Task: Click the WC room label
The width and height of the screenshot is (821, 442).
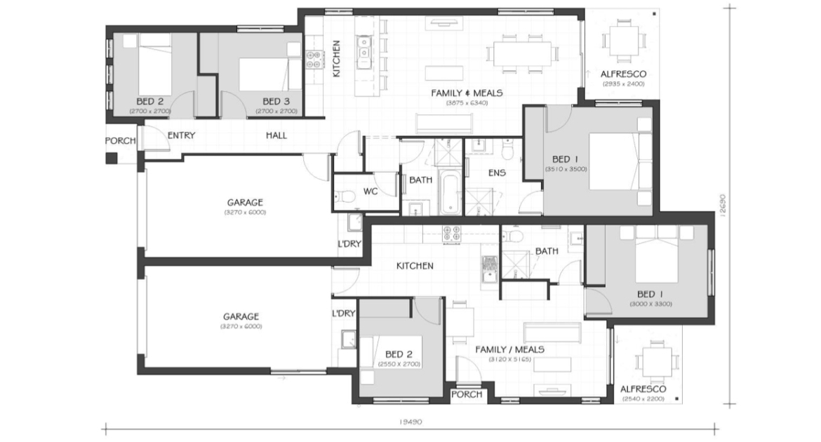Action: click(371, 191)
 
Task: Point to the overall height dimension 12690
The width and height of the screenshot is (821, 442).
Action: click(723, 206)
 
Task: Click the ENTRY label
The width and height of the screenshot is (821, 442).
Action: click(181, 135)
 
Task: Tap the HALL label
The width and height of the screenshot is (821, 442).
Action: click(276, 135)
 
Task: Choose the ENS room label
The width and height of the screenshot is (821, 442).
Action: click(497, 173)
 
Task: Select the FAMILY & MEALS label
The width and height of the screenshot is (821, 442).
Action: click(467, 93)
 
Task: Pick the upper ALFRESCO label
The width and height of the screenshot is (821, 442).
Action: click(623, 74)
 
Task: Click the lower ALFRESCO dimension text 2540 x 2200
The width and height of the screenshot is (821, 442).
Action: click(643, 399)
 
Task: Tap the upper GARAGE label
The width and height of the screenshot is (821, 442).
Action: click(245, 202)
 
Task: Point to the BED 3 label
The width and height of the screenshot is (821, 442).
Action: click(276, 101)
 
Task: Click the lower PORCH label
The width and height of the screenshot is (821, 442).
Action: click(466, 394)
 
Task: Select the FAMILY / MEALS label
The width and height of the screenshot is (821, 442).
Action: click(509, 349)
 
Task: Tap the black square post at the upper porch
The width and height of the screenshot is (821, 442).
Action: click(112, 158)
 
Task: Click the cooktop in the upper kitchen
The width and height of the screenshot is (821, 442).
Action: click(314, 59)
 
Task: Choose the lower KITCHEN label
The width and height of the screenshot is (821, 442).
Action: click(415, 265)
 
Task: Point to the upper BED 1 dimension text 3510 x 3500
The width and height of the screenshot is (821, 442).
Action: click(566, 169)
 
